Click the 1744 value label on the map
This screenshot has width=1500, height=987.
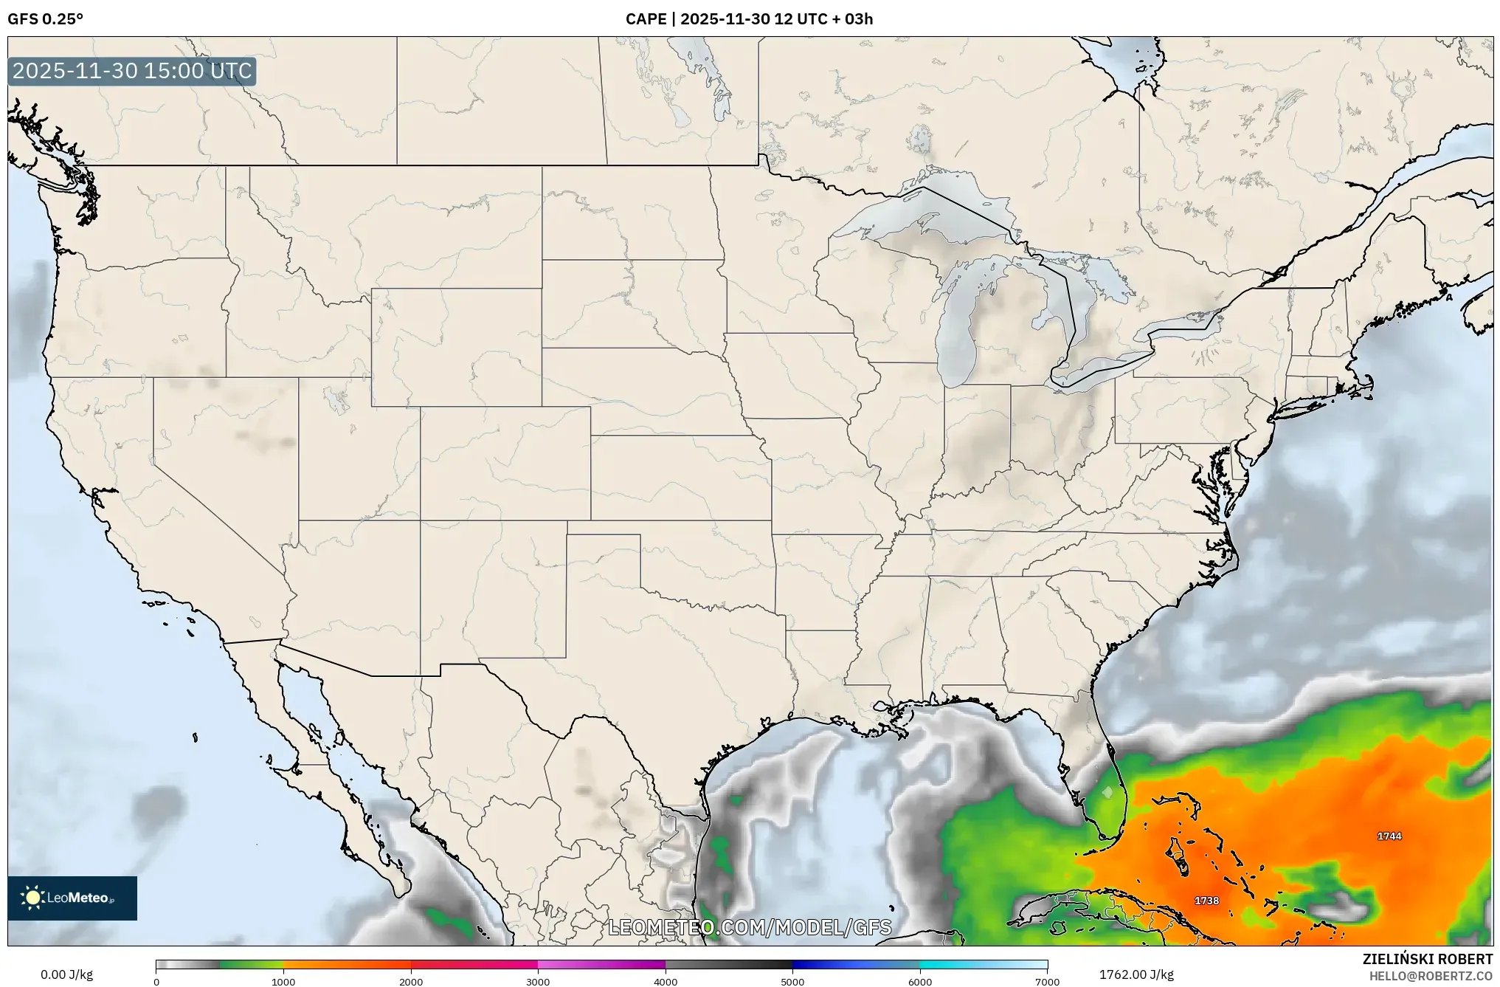(x=1389, y=836)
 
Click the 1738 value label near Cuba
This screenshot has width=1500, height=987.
(x=1206, y=901)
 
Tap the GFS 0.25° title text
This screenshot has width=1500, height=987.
(x=45, y=19)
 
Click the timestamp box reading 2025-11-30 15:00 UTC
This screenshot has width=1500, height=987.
(x=132, y=71)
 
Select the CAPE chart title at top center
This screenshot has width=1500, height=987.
(x=749, y=19)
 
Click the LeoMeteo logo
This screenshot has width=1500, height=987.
(x=72, y=898)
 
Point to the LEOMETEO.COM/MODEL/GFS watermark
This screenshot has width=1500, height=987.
(x=749, y=927)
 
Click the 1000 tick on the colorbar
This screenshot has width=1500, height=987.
(x=283, y=981)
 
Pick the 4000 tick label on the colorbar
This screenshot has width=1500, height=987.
(x=666, y=981)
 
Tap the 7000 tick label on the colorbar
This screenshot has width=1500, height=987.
(x=1047, y=981)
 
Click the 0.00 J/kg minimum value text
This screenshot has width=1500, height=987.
(x=66, y=974)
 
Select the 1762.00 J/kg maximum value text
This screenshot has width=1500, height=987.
(x=1136, y=974)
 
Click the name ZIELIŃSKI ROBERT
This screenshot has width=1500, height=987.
(x=1427, y=959)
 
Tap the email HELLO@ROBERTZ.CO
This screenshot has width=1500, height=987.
(x=1431, y=976)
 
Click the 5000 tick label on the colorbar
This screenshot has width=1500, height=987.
(x=792, y=981)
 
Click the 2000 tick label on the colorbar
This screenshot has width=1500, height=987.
(x=411, y=981)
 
